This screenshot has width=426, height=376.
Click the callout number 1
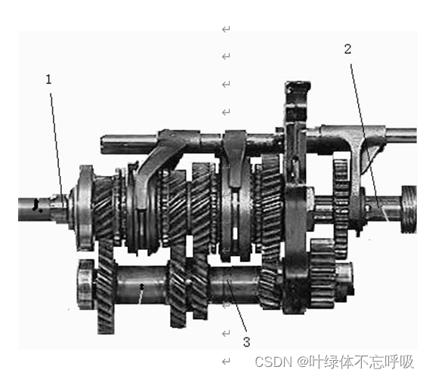click(48, 78)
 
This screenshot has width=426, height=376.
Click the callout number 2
click(347, 50)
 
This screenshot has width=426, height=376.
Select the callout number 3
click(246, 341)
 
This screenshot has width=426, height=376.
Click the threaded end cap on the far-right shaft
click(410, 208)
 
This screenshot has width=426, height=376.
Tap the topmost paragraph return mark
click(225, 29)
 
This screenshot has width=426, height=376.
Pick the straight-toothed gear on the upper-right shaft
click(341, 196)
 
